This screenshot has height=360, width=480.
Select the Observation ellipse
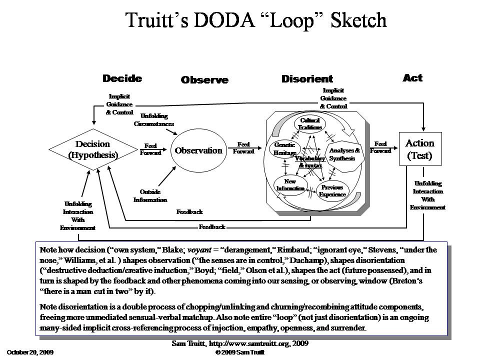pos(198,150)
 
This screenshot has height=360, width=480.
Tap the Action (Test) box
pos(420,149)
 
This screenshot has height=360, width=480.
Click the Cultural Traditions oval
pos(310,123)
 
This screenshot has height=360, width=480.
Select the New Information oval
pos(290,185)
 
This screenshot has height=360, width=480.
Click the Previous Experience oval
pos(332,191)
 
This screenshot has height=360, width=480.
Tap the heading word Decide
pos(122,78)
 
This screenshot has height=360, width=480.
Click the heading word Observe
pos(204,80)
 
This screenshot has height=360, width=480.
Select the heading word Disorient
pos(307,79)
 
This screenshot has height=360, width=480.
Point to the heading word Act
pos(412,77)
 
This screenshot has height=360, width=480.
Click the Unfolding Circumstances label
pos(154,119)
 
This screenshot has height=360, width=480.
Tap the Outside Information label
pos(150,196)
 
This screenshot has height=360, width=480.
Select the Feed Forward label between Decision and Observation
pos(150,149)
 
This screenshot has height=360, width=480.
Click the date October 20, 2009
pos(30,352)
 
